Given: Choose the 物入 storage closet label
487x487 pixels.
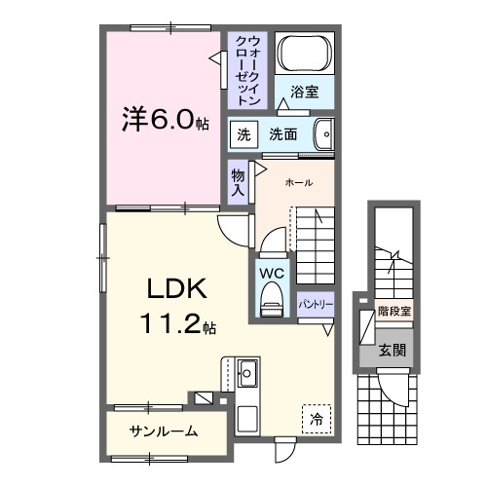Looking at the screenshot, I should click(x=238, y=182).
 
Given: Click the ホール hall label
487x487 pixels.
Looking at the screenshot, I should click(x=299, y=182).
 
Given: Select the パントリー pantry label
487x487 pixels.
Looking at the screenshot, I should click(x=317, y=304).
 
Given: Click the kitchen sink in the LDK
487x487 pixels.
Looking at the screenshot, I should click(x=246, y=372).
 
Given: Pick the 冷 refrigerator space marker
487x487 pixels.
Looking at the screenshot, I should click(x=316, y=419).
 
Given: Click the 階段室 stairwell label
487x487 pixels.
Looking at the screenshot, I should click(x=393, y=313).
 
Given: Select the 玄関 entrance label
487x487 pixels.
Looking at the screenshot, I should click(x=393, y=350).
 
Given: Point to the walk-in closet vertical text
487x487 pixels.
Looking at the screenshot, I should click(x=248, y=70).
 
